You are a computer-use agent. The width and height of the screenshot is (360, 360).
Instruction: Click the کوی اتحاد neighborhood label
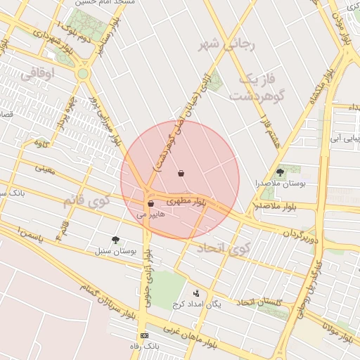pos(223,248)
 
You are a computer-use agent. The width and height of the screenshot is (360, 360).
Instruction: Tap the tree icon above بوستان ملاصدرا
pos(281,172)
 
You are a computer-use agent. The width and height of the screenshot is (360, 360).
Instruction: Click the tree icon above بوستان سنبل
pos(115,240)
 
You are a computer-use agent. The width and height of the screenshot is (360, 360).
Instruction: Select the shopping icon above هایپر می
pos(150,204)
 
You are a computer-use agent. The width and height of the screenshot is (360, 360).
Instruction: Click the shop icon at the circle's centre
pos(181,173)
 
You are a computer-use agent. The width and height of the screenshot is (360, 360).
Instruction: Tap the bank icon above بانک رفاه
pos(144,335)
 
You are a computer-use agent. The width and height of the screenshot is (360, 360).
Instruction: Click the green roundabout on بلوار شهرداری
pos(83,73)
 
